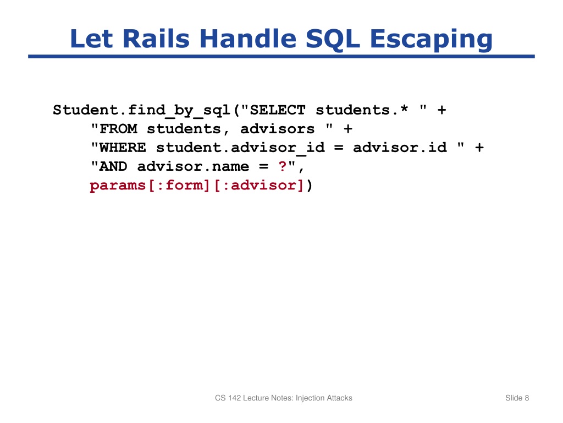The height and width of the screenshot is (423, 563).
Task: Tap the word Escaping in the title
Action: point(431,40)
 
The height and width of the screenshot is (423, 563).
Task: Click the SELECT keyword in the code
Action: point(278,110)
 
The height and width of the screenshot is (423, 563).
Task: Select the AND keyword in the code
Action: point(114,166)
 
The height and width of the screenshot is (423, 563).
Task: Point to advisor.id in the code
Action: point(400,148)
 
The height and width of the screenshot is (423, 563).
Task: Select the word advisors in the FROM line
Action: point(278,129)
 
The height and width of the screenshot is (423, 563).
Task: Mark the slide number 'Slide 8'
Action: point(517,398)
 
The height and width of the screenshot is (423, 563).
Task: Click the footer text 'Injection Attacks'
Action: point(324,398)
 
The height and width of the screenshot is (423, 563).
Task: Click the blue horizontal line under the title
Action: point(281,56)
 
